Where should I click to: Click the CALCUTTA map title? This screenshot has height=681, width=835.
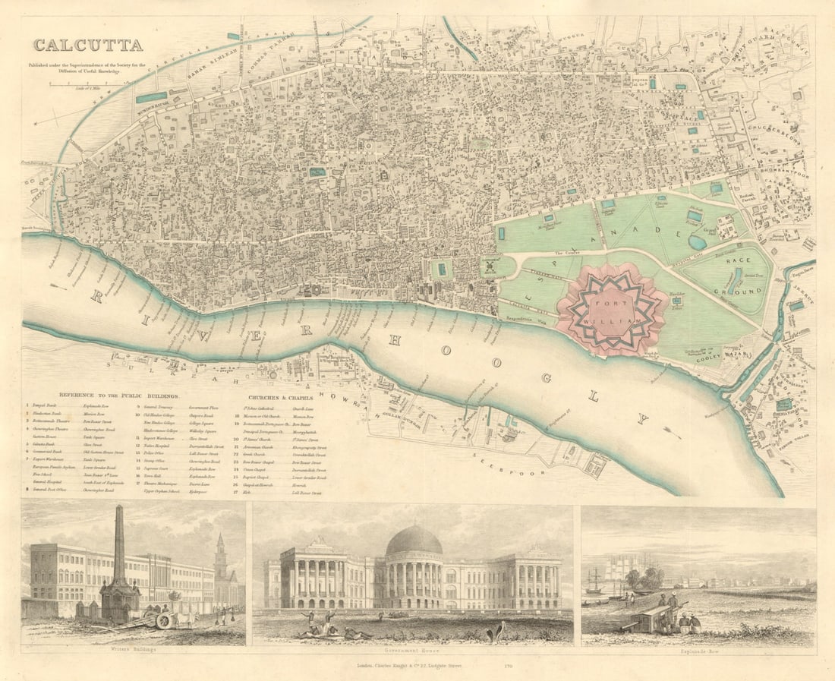click(x=87, y=45)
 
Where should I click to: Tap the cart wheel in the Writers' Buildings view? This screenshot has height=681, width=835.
click(x=163, y=620)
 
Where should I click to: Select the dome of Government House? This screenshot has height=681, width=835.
click(x=414, y=541)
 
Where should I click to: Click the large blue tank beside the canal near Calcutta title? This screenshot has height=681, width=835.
click(x=152, y=97)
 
